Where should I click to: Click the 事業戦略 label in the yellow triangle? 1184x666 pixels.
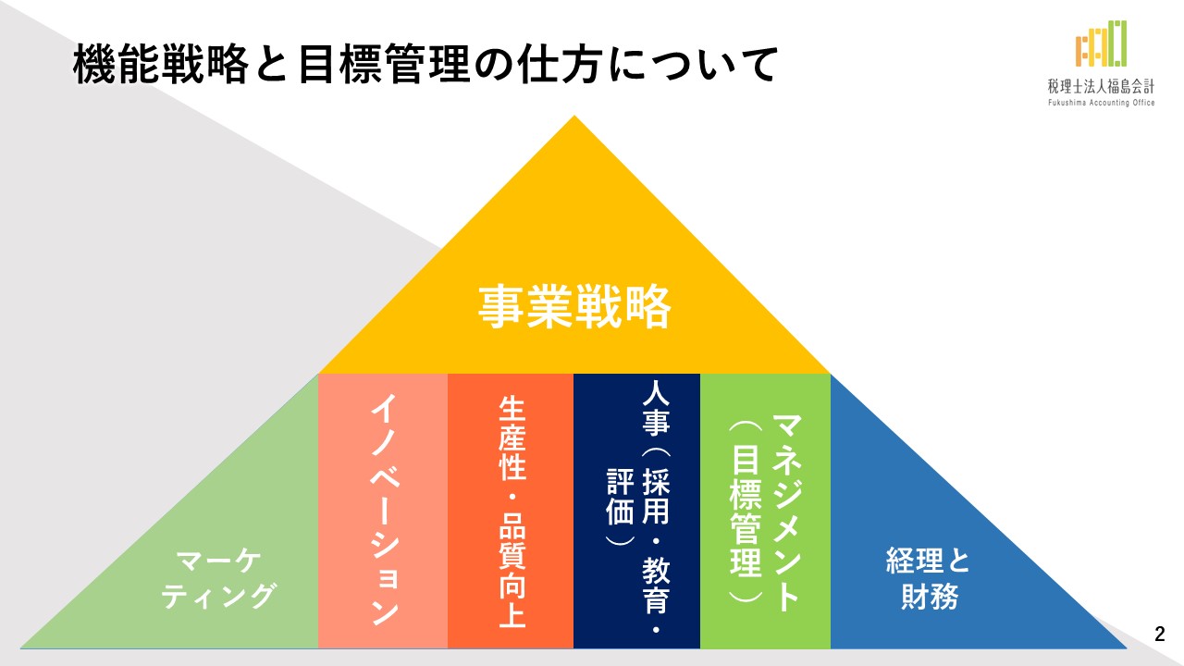(574, 306)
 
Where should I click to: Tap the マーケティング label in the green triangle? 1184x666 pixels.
(217, 579)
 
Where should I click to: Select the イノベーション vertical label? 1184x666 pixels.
(384, 510)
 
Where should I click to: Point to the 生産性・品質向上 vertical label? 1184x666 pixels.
(512, 512)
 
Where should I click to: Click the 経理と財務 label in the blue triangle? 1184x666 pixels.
(928, 579)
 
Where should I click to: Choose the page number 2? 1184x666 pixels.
(1160, 635)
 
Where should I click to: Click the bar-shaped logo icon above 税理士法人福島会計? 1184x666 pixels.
(1101, 43)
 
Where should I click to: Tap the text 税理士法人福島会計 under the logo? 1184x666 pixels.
(1101, 86)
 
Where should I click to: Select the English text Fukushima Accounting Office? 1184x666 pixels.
(1101, 103)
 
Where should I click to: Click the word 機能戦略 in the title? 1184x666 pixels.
(161, 65)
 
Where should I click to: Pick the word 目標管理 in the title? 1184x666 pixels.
(384, 65)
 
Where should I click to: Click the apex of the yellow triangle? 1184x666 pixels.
(574, 116)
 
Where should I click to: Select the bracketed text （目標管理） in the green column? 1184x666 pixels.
(746, 512)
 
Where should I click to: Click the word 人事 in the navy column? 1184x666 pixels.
(656, 415)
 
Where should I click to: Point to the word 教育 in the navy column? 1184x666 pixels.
(656, 586)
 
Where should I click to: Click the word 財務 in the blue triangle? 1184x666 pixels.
(930, 597)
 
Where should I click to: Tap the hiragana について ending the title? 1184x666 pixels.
(692, 65)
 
